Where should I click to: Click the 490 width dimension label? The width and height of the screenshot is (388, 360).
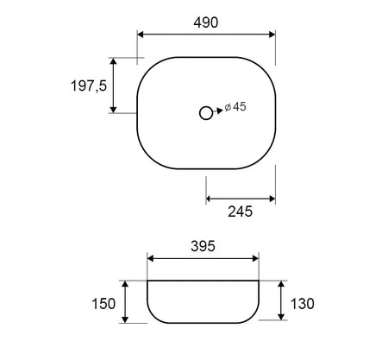pos(206,22)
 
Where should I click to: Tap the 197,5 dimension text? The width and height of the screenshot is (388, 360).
pos(89,85)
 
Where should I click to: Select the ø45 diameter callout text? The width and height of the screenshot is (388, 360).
pos(235,106)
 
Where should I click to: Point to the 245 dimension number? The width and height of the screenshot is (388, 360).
pos(241,212)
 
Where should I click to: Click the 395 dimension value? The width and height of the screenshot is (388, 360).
pos(203,246)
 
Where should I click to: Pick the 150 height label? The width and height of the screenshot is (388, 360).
pos(103,304)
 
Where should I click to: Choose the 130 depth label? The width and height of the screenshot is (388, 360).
pos(303,304)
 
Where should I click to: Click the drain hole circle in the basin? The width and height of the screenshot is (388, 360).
pos(206,113)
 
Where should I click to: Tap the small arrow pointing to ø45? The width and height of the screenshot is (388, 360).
pos(218,111)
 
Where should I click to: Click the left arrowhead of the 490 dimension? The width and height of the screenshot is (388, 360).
pos(141,35)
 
